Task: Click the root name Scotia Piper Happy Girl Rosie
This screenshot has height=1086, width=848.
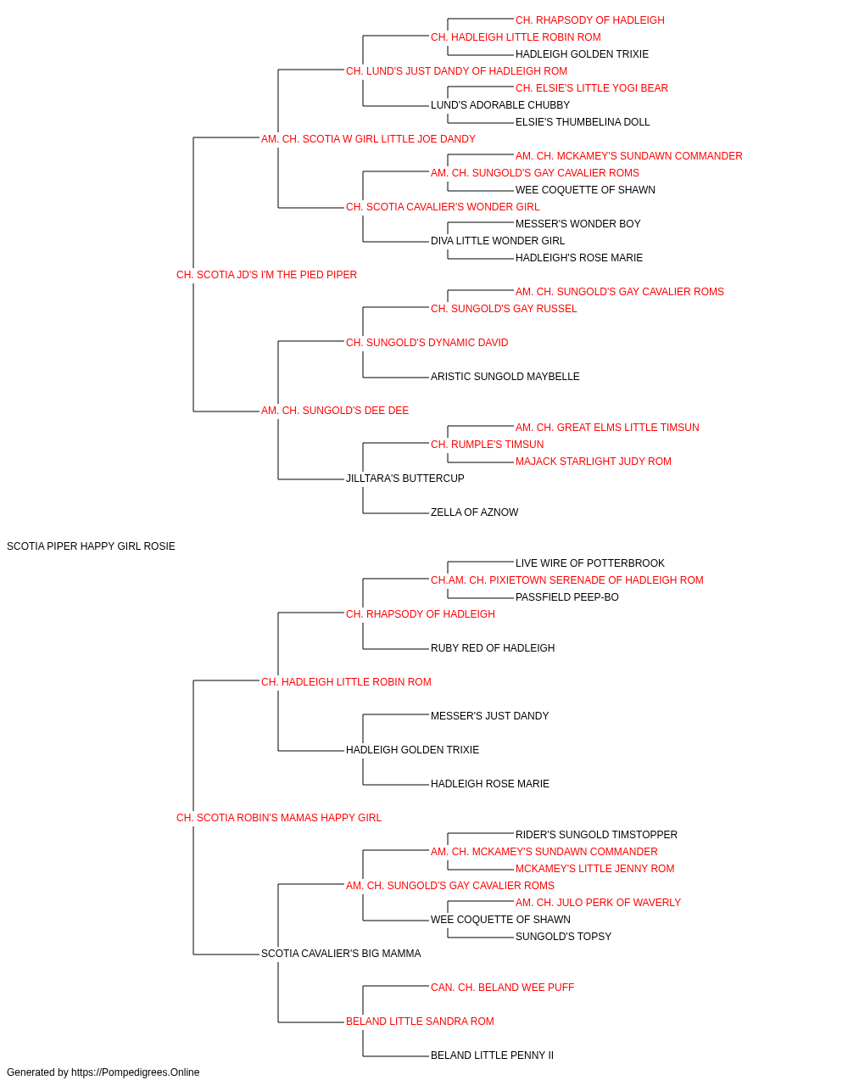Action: click(x=91, y=546)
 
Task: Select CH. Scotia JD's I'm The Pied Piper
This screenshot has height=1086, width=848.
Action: click(x=266, y=275)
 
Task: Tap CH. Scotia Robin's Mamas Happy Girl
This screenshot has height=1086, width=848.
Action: click(x=279, y=818)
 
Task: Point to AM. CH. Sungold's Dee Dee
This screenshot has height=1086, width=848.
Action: click(x=335, y=411)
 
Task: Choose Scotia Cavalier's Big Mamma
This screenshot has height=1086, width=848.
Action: click(x=341, y=954)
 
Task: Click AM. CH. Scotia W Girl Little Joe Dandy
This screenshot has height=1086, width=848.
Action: click(x=368, y=139)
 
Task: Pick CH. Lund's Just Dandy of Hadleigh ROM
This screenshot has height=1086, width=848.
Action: click(x=456, y=71)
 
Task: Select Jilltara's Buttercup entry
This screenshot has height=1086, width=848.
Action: click(x=405, y=479)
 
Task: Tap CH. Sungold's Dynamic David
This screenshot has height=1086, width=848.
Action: click(x=427, y=342)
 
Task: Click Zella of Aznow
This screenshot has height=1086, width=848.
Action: click(x=474, y=512)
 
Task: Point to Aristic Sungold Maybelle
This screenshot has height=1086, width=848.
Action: click(x=505, y=377)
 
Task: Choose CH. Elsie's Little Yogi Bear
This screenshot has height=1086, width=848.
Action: click(x=592, y=88)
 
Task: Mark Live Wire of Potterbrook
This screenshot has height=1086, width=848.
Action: click(x=590, y=563)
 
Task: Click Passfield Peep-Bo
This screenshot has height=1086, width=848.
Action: click(x=566, y=597)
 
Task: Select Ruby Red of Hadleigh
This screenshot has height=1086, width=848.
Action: click(x=493, y=648)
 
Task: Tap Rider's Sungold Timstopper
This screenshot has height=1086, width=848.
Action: click(x=596, y=835)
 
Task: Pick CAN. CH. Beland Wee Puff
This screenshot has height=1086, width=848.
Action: click(x=502, y=988)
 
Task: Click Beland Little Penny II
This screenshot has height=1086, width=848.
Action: click(x=492, y=1055)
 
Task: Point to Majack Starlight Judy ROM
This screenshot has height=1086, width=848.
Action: click(x=594, y=462)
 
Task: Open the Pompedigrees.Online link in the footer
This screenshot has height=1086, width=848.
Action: click(x=136, y=1072)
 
